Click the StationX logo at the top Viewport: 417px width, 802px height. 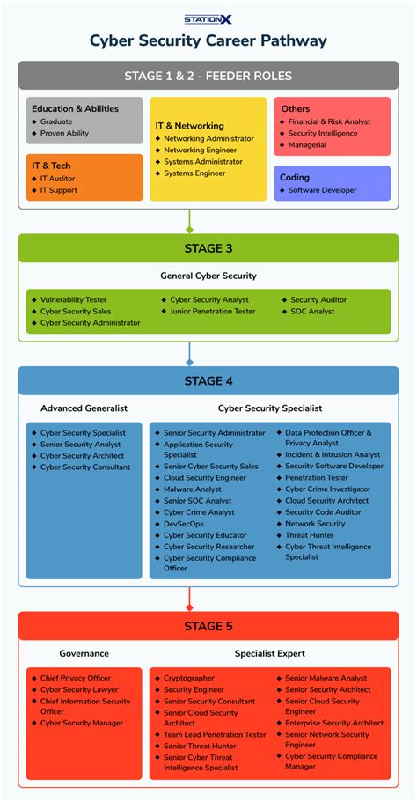click(208, 18)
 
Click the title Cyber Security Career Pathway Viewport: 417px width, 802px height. click(208, 40)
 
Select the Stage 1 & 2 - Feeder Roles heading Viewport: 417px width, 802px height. click(208, 76)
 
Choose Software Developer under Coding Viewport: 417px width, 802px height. click(322, 190)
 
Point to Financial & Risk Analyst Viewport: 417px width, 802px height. click(329, 121)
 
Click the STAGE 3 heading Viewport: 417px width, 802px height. click(208, 248)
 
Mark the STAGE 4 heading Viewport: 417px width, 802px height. click(208, 381)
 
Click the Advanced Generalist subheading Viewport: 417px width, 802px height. click(84, 408)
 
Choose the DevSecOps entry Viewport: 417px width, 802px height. click(183, 524)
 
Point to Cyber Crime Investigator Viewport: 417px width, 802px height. click(327, 489)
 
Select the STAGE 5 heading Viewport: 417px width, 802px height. click(208, 627)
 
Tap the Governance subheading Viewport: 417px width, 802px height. click(84, 654)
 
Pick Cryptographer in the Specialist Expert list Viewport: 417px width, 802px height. click(188, 679)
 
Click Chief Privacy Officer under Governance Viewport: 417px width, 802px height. click(76, 679)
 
